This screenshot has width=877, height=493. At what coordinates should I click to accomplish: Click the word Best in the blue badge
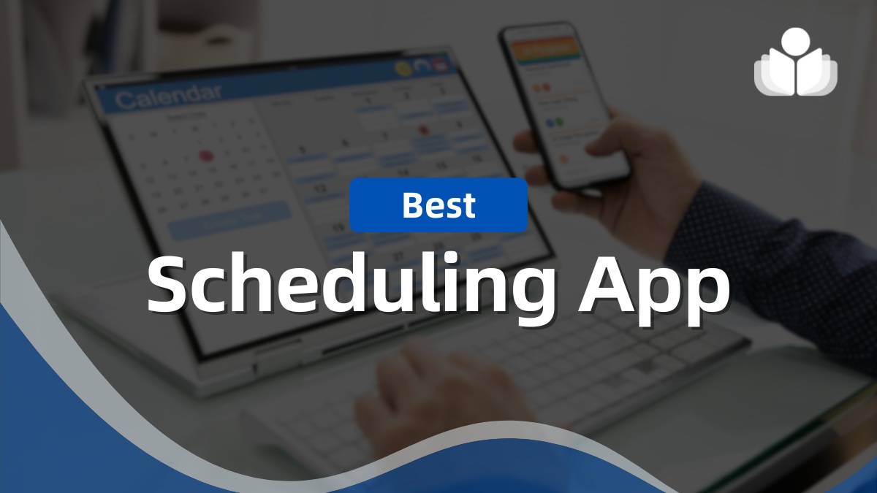438,205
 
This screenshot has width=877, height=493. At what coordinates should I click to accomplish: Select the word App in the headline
653,286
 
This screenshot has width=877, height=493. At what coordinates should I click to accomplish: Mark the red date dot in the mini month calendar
206,156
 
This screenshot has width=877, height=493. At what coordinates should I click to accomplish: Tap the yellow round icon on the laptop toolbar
402,69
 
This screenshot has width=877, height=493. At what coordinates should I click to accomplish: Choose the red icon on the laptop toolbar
440,65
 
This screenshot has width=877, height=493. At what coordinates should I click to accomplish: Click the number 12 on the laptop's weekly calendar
319,188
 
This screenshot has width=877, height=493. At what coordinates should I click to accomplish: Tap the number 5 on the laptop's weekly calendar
303,151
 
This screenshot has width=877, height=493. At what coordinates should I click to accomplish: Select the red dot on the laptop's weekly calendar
422,131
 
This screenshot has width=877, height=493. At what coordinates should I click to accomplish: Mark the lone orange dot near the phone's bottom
563,158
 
